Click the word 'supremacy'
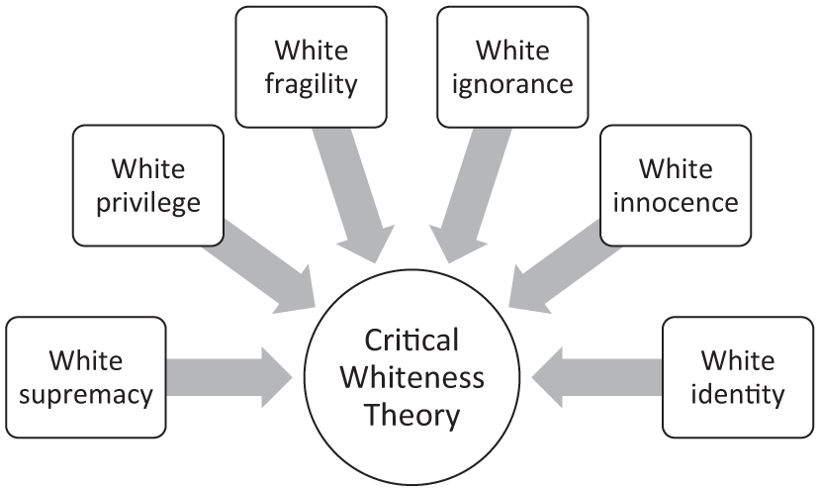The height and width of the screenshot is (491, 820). [x=86, y=396]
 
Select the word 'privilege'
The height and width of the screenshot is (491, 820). [x=148, y=204]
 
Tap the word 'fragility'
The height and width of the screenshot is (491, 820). [x=312, y=85]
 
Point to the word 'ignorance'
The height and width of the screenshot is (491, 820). [x=512, y=85]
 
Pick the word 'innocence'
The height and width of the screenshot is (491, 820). [x=676, y=203]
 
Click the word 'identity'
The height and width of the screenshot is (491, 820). [x=738, y=394]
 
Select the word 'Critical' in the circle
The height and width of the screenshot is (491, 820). [x=411, y=340]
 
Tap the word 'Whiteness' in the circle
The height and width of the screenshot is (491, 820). [x=412, y=377]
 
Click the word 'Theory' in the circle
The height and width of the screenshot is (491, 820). [x=412, y=415]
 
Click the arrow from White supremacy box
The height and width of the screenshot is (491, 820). [x=229, y=377]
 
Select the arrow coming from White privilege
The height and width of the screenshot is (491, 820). [x=259, y=267]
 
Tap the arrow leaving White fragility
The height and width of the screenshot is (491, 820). [x=354, y=195]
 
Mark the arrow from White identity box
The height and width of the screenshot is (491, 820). [x=596, y=377]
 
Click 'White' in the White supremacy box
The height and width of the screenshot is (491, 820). [x=86, y=360]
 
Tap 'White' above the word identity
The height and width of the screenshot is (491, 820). [x=738, y=360]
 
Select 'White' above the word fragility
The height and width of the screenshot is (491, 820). [x=312, y=50]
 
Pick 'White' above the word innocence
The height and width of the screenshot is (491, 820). [x=676, y=169]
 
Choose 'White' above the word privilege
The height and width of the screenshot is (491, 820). [x=148, y=169]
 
